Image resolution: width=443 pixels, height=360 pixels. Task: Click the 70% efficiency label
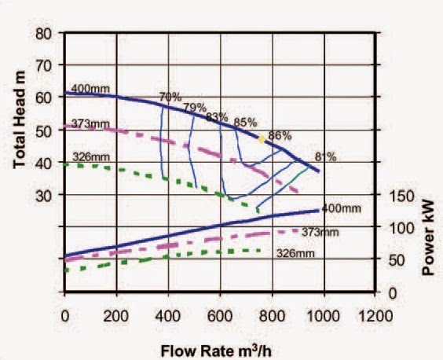pos(170,97)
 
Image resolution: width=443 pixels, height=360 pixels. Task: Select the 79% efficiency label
pos(194,107)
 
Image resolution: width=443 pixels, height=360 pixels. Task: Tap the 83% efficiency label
pos(217,117)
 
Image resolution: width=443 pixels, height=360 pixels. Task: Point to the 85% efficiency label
pos(245,122)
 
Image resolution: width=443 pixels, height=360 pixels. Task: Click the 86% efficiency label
pos(280,135)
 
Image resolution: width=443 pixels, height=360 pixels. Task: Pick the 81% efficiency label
pos(325,156)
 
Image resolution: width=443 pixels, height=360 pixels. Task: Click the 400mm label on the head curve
pos(90,88)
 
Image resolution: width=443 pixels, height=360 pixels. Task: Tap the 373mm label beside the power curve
pos(320,232)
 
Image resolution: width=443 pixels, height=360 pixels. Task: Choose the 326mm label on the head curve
pos(90,157)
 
